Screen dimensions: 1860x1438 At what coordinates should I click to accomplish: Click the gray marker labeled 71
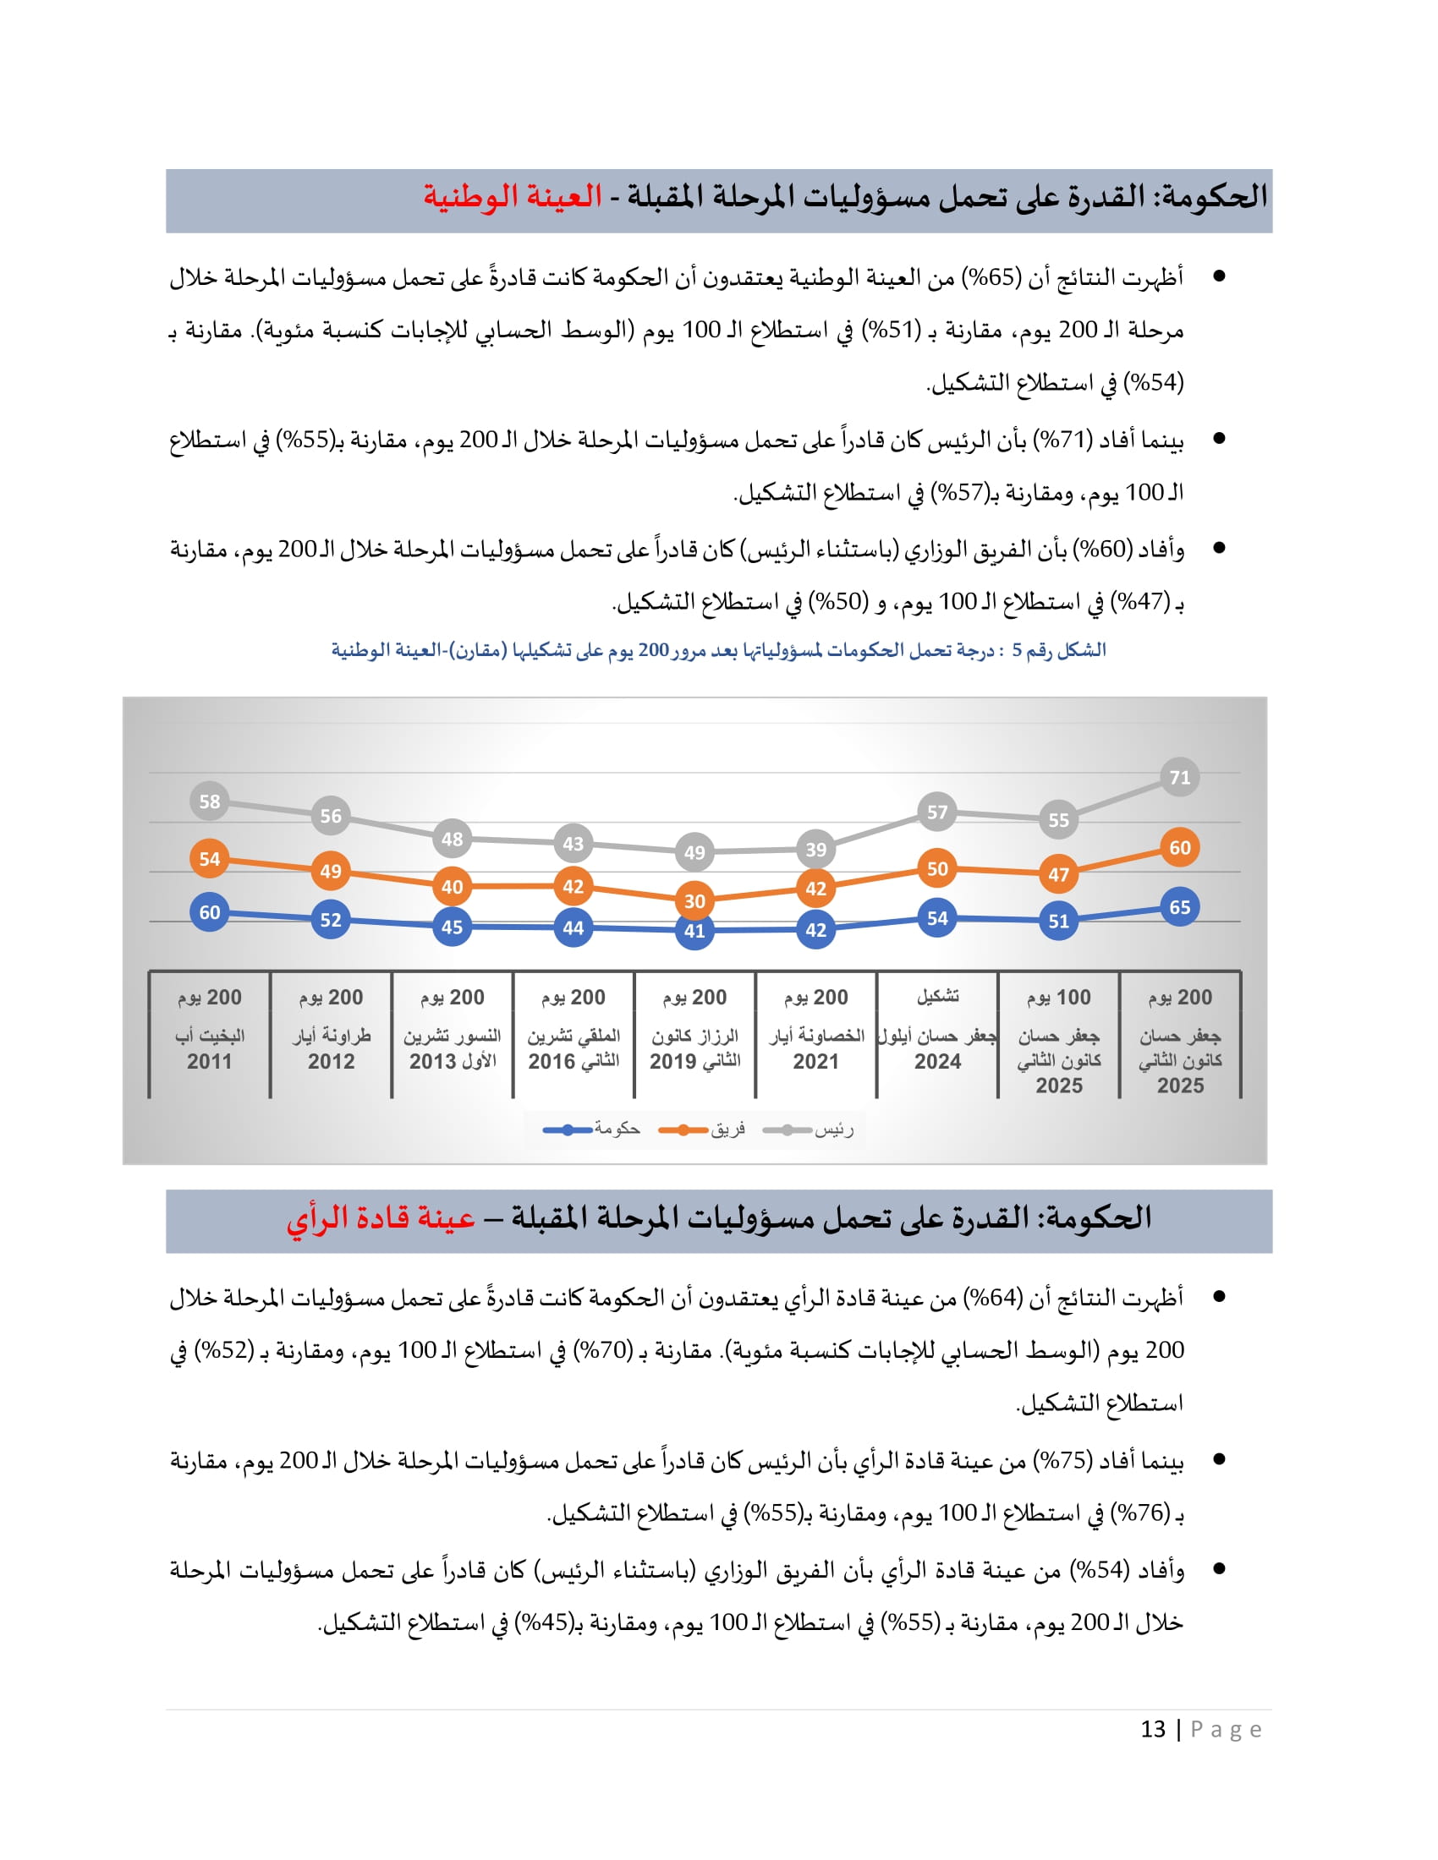[x=1179, y=777]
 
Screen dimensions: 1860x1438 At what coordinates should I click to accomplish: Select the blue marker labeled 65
[x=1179, y=907]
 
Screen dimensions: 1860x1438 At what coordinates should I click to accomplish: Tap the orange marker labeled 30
[x=694, y=900]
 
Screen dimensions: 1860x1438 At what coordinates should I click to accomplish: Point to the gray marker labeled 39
[x=815, y=849]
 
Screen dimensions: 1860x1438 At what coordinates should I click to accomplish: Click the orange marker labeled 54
[x=210, y=858]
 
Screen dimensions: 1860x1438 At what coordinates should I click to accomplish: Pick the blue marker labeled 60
[x=210, y=912]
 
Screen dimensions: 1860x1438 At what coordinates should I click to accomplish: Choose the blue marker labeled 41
[x=694, y=930]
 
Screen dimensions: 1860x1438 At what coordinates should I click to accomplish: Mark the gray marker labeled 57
[x=937, y=812]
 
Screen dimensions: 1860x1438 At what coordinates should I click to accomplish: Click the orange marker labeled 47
[x=1058, y=874]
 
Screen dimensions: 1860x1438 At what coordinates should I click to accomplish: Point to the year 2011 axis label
[x=210, y=1061]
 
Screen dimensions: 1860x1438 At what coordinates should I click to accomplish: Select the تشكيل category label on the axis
[x=937, y=996]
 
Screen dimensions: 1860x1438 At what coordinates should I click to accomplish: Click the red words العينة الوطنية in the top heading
[x=513, y=197]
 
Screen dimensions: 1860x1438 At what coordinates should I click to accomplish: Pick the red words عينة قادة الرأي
[x=380, y=1217]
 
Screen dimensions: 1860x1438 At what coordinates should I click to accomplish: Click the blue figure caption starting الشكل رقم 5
[x=718, y=650]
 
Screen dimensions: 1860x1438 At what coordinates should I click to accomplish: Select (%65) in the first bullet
[x=991, y=277]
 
